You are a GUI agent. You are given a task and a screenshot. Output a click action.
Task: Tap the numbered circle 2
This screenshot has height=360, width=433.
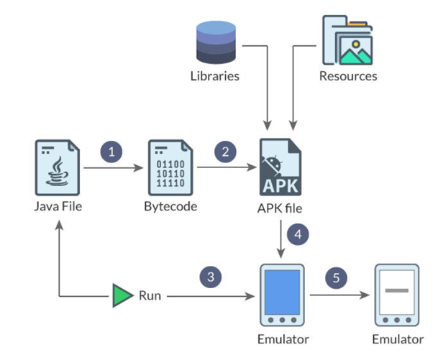pos(226,152)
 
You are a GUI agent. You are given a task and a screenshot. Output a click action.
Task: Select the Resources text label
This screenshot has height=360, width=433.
pos(349,75)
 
